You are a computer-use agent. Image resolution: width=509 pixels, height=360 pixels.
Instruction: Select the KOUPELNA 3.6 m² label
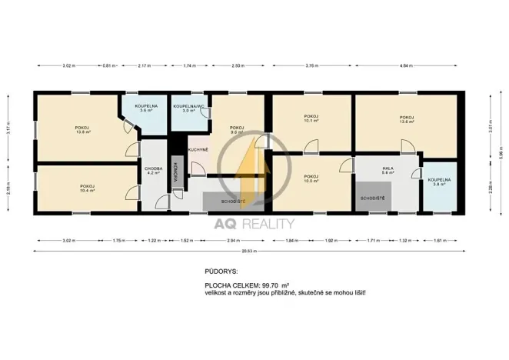click(146, 108)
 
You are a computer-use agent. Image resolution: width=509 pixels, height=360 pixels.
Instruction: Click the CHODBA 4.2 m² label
click(152, 171)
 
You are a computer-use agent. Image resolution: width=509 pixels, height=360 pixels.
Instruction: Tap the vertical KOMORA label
click(177, 172)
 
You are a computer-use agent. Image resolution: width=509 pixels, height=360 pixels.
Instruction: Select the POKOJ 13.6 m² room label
click(407, 118)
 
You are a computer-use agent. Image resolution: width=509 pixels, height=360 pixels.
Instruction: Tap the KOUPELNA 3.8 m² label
click(439, 182)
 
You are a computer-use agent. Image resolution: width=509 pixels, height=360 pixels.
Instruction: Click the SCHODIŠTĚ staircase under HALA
click(374, 199)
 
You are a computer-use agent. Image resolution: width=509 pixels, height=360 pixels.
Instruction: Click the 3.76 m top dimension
click(311, 66)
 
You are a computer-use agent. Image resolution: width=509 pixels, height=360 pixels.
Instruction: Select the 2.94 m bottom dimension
click(232, 241)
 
